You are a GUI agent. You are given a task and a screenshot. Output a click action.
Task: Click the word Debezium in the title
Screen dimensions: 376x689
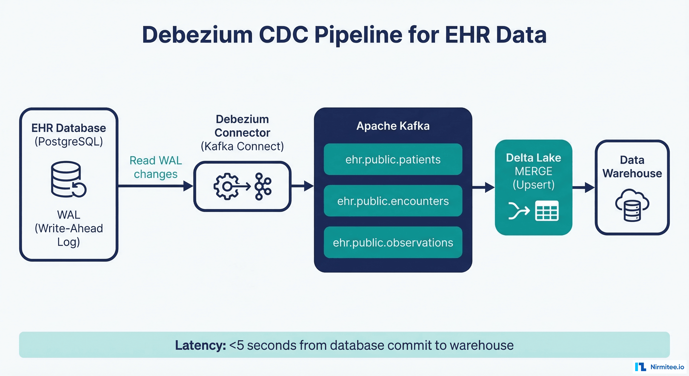(197, 35)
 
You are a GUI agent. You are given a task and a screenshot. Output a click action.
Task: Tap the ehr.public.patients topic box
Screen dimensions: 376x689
(393, 160)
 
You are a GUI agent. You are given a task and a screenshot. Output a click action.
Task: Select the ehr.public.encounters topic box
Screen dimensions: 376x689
(393, 201)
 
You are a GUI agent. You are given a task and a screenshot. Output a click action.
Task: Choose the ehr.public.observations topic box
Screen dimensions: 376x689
(393, 242)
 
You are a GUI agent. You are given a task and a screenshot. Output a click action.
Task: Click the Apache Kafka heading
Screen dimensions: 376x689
(393, 126)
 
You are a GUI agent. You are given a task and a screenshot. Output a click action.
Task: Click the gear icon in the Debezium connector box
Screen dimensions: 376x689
(226, 186)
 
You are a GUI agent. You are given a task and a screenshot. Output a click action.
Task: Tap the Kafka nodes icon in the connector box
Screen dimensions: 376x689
(263, 186)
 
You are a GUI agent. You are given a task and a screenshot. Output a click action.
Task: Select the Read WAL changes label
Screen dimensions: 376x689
(155, 167)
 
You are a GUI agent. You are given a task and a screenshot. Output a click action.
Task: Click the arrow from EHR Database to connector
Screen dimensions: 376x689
(155, 186)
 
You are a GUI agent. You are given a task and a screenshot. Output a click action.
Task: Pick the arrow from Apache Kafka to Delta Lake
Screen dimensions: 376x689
(483, 187)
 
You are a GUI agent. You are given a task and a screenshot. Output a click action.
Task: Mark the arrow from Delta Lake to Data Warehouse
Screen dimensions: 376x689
(583, 187)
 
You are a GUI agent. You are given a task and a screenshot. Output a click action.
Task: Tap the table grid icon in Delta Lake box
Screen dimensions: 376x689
(546, 211)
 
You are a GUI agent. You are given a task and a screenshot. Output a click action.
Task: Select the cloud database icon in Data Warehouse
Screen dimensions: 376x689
(632, 205)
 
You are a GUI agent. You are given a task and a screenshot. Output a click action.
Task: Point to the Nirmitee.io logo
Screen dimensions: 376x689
(660, 367)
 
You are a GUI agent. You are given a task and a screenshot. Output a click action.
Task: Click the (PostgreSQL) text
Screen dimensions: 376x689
(69, 141)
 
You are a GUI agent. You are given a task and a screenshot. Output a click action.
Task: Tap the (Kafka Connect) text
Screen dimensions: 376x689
(242, 146)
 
